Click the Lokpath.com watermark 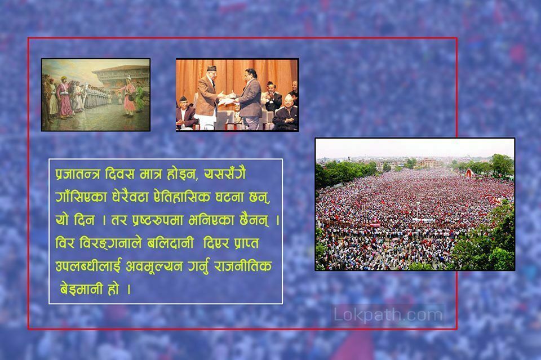pos(388,315)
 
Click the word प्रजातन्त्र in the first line pos(78,174)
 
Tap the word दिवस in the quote pos(119,174)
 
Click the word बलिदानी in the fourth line pos(170,243)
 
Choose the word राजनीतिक pos(242,266)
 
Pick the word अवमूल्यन pos(154,266)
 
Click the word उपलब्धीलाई pos(88,266)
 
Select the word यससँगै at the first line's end pos(225,174)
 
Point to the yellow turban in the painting pos(64,78)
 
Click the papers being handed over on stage pos(226,100)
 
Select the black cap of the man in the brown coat pos(211,68)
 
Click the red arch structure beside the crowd pos(469,173)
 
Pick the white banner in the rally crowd pos(423,220)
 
